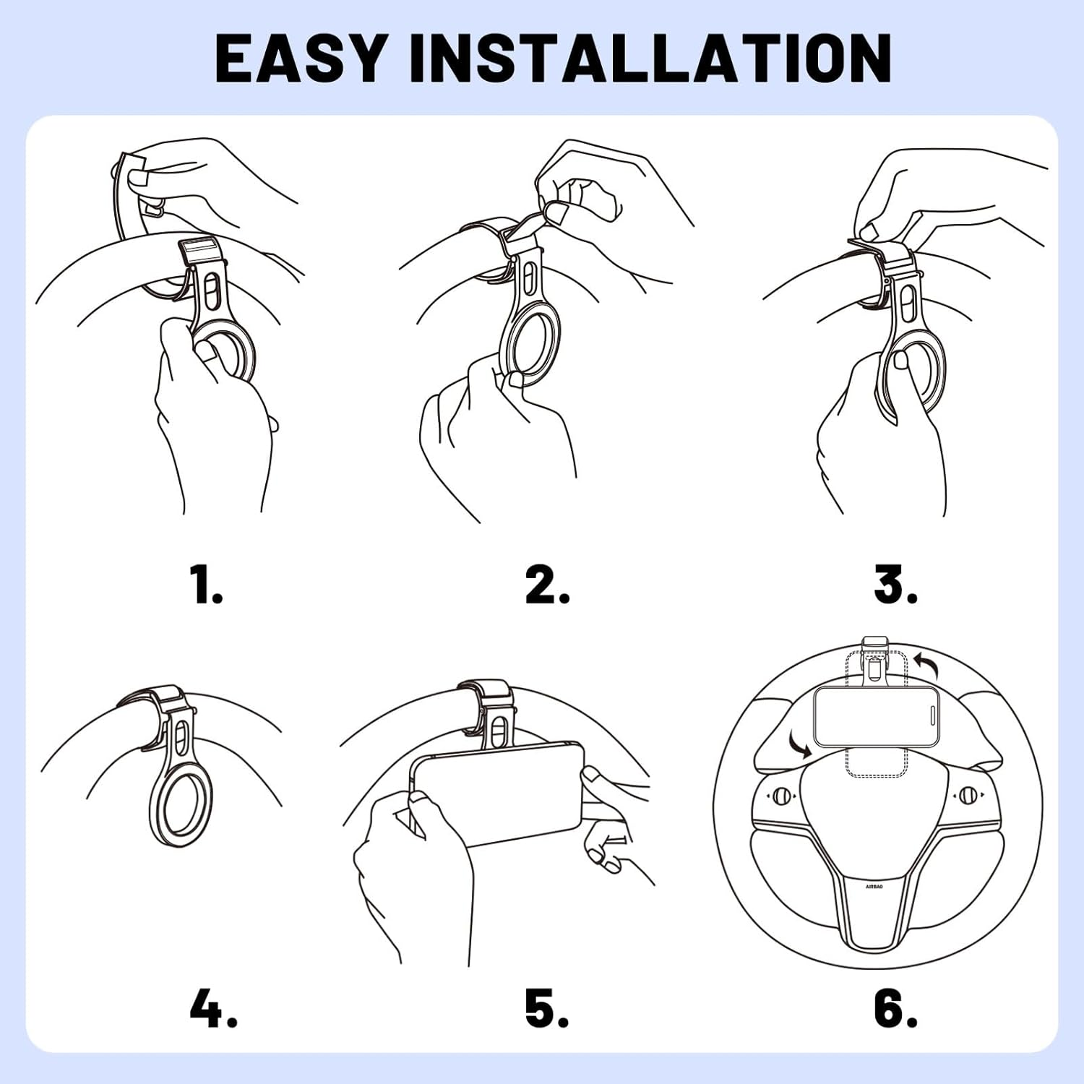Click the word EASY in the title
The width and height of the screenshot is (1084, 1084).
pyautogui.click(x=301, y=58)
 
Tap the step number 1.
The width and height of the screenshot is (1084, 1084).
pyautogui.click(x=207, y=585)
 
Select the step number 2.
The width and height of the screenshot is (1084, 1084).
pyautogui.click(x=547, y=585)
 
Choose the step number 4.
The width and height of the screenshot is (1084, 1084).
pyautogui.click(x=213, y=1008)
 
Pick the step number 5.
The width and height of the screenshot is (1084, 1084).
pyautogui.click(x=547, y=1008)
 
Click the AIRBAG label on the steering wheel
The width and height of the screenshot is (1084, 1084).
pyautogui.click(x=874, y=886)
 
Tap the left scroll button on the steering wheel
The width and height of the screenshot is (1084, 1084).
pyautogui.click(x=780, y=796)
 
